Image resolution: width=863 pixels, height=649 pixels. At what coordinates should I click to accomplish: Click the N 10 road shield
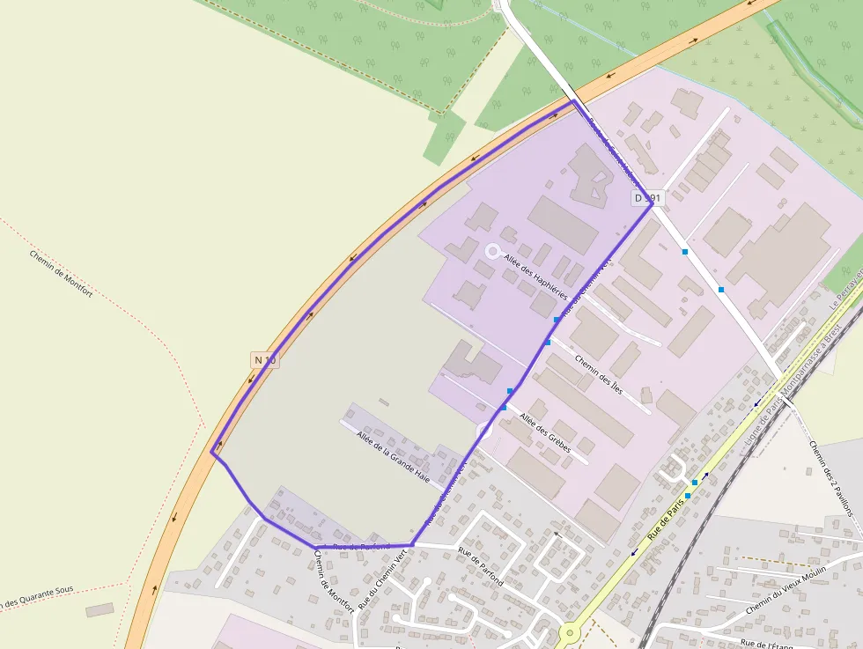[264, 359]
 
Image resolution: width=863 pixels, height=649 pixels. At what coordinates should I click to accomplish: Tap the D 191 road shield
[647, 198]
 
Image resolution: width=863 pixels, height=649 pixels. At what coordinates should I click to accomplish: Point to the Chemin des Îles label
[599, 372]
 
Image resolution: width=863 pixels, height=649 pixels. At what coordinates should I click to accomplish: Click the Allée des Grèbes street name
[546, 433]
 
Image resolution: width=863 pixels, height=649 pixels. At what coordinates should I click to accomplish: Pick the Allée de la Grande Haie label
[393, 455]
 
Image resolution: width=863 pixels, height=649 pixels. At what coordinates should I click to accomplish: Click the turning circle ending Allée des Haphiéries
[492, 251]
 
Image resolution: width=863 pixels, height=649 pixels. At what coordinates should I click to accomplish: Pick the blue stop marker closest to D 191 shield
[685, 252]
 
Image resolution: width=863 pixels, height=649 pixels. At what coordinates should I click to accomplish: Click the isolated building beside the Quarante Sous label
[100, 609]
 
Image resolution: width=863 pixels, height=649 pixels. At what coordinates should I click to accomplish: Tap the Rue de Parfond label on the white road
[480, 566]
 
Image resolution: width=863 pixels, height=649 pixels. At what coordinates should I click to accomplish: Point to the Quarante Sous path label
[35, 596]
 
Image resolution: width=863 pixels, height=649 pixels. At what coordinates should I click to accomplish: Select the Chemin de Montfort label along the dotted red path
[61, 274]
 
